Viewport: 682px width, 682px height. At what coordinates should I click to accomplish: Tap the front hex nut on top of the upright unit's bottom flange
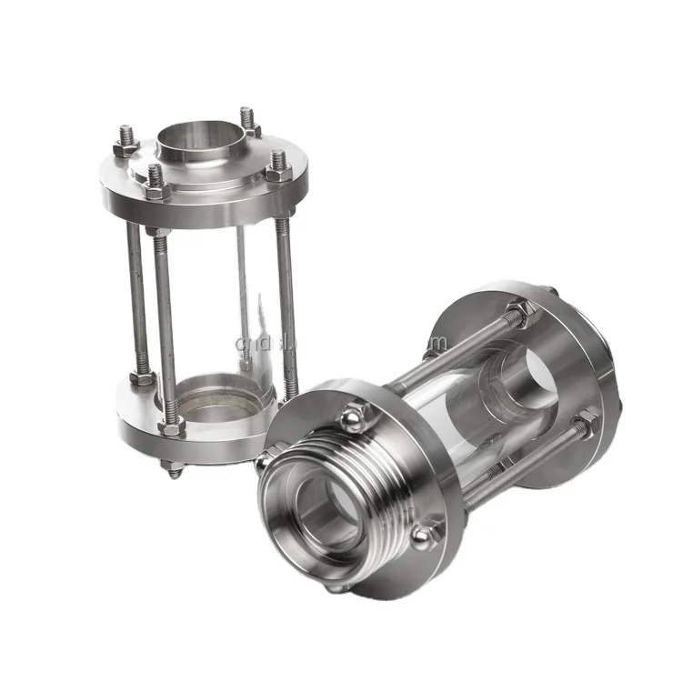point(172,425)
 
